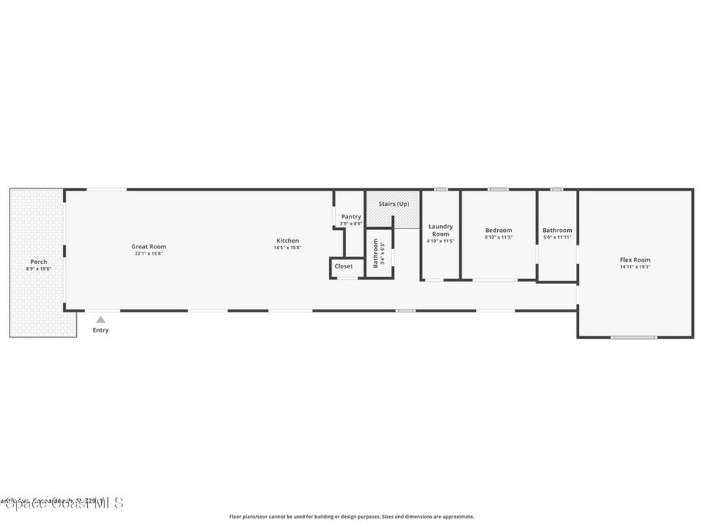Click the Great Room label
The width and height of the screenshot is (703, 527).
click(x=149, y=247)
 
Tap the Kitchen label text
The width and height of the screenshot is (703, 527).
click(x=288, y=241)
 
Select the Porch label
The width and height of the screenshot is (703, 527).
click(x=38, y=261)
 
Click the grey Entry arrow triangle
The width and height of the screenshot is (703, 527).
click(x=100, y=320)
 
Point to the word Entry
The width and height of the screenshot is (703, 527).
click(x=100, y=331)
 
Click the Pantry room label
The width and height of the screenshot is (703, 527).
click(x=351, y=217)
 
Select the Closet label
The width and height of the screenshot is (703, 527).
click(x=344, y=266)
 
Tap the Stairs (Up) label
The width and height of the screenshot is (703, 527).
click(x=394, y=204)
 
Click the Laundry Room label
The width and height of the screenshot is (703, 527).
click(x=440, y=230)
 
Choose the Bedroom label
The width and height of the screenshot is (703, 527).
click(x=498, y=231)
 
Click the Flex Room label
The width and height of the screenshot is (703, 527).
click(x=635, y=260)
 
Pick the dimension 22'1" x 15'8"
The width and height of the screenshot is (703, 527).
click(x=149, y=254)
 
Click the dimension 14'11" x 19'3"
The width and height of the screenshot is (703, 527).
click(x=635, y=267)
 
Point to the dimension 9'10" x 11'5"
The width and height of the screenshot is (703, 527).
click(x=498, y=237)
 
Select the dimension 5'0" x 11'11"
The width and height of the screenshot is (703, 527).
click(x=557, y=237)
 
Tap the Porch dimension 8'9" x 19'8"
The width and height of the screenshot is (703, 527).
click(x=38, y=268)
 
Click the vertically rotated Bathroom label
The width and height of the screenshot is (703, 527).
click(x=376, y=253)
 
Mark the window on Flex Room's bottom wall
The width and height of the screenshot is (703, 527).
click(x=634, y=337)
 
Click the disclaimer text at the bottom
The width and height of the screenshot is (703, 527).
click(x=351, y=517)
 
